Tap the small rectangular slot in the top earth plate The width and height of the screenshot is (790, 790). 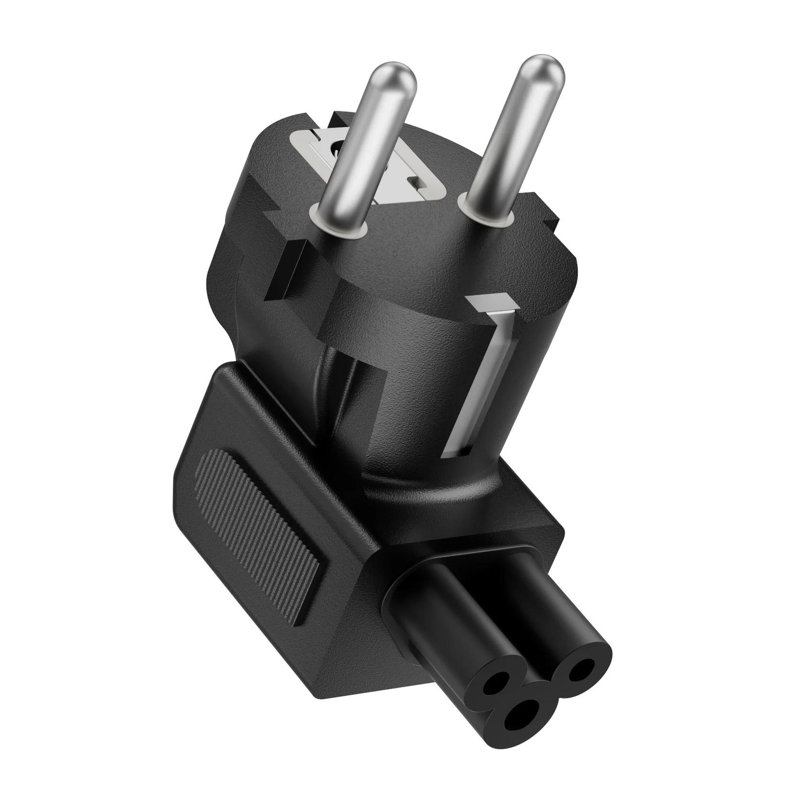[x=416, y=182]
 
